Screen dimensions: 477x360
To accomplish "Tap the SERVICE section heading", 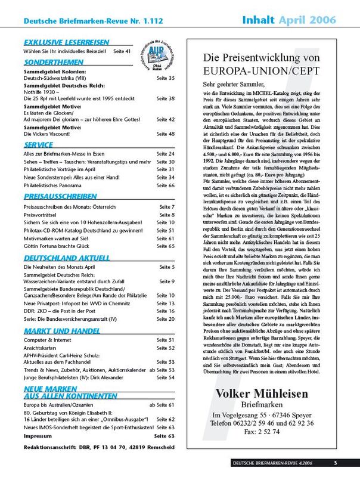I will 39,144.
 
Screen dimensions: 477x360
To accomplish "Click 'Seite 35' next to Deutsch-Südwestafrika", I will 165,78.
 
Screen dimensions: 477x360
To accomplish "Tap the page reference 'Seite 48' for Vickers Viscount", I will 165,134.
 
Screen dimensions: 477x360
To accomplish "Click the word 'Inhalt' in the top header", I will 259,20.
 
